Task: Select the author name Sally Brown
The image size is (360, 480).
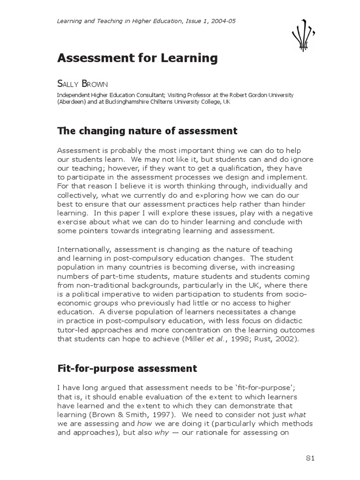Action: [82, 84]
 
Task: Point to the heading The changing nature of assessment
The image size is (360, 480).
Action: [147, 131]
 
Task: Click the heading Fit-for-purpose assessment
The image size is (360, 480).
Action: [127, 368]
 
